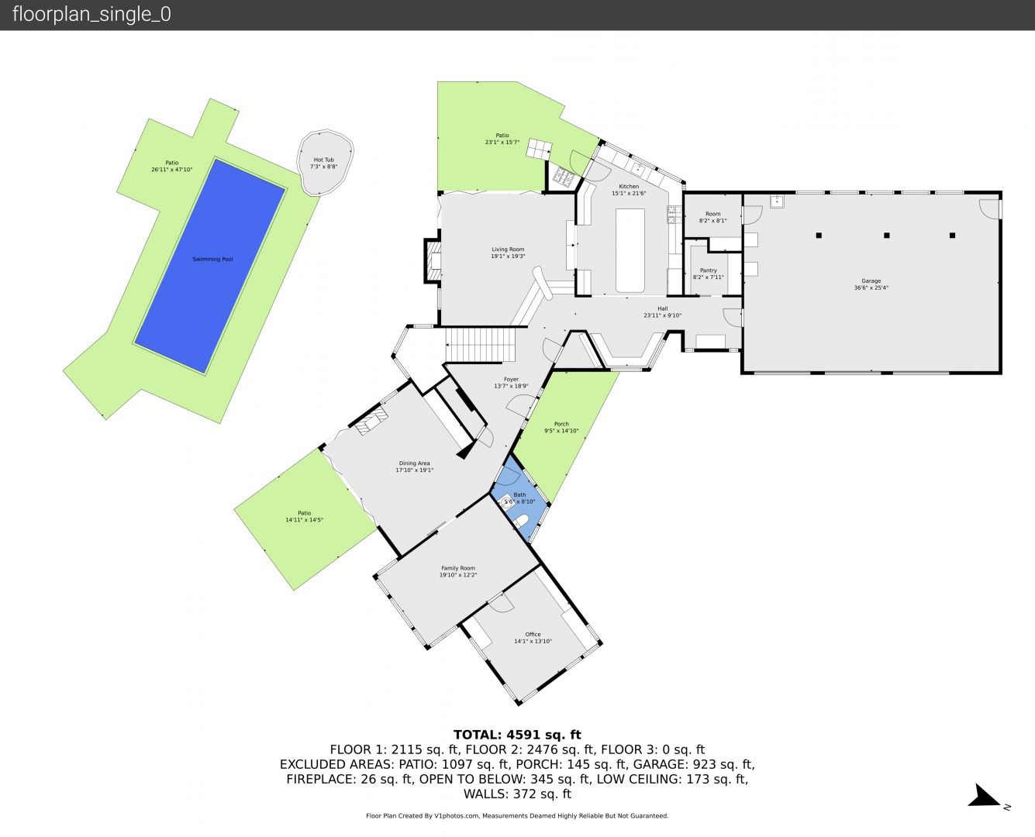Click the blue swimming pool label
click(x=212, y=260)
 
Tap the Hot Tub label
click(x=324, y=160)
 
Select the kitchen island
click(x=630, y=250)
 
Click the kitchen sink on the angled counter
click(x=639, y=167)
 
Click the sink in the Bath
click(x=505, y=501)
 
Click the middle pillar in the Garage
click(x=886, y=235)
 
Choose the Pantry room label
click(x=708, y=270)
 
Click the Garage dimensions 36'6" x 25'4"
click(x=871, y=288)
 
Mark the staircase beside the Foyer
click(x=479, y=345)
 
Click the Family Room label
click(x=458, y=568)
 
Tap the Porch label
click(x=561, y=424)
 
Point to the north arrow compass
click(x=986, y=797)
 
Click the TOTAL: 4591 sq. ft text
click(x=517, y=735)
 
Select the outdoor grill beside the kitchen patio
click(x=561, y=177)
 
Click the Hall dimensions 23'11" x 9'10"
click(x=662, y=315)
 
